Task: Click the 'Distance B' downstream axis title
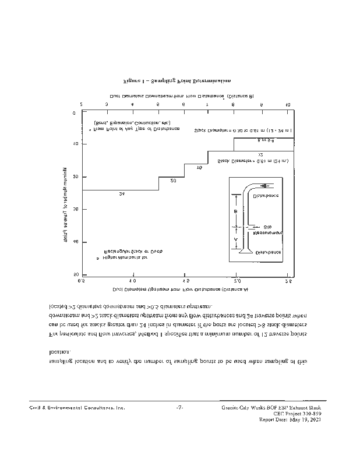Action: click(x=182, y=95)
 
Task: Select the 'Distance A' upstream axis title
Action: click(x=181, y=289)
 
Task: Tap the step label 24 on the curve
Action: click(x=121, y=193)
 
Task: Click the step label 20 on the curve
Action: click(x=173, y=181)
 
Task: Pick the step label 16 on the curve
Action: click(x=199, y=168)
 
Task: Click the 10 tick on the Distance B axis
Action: click(x=288, y=104)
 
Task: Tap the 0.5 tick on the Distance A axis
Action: click(x=82, y=280)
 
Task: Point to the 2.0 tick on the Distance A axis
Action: click(x=237, y=280)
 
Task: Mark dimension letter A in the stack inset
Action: click(x=235, y=239)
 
